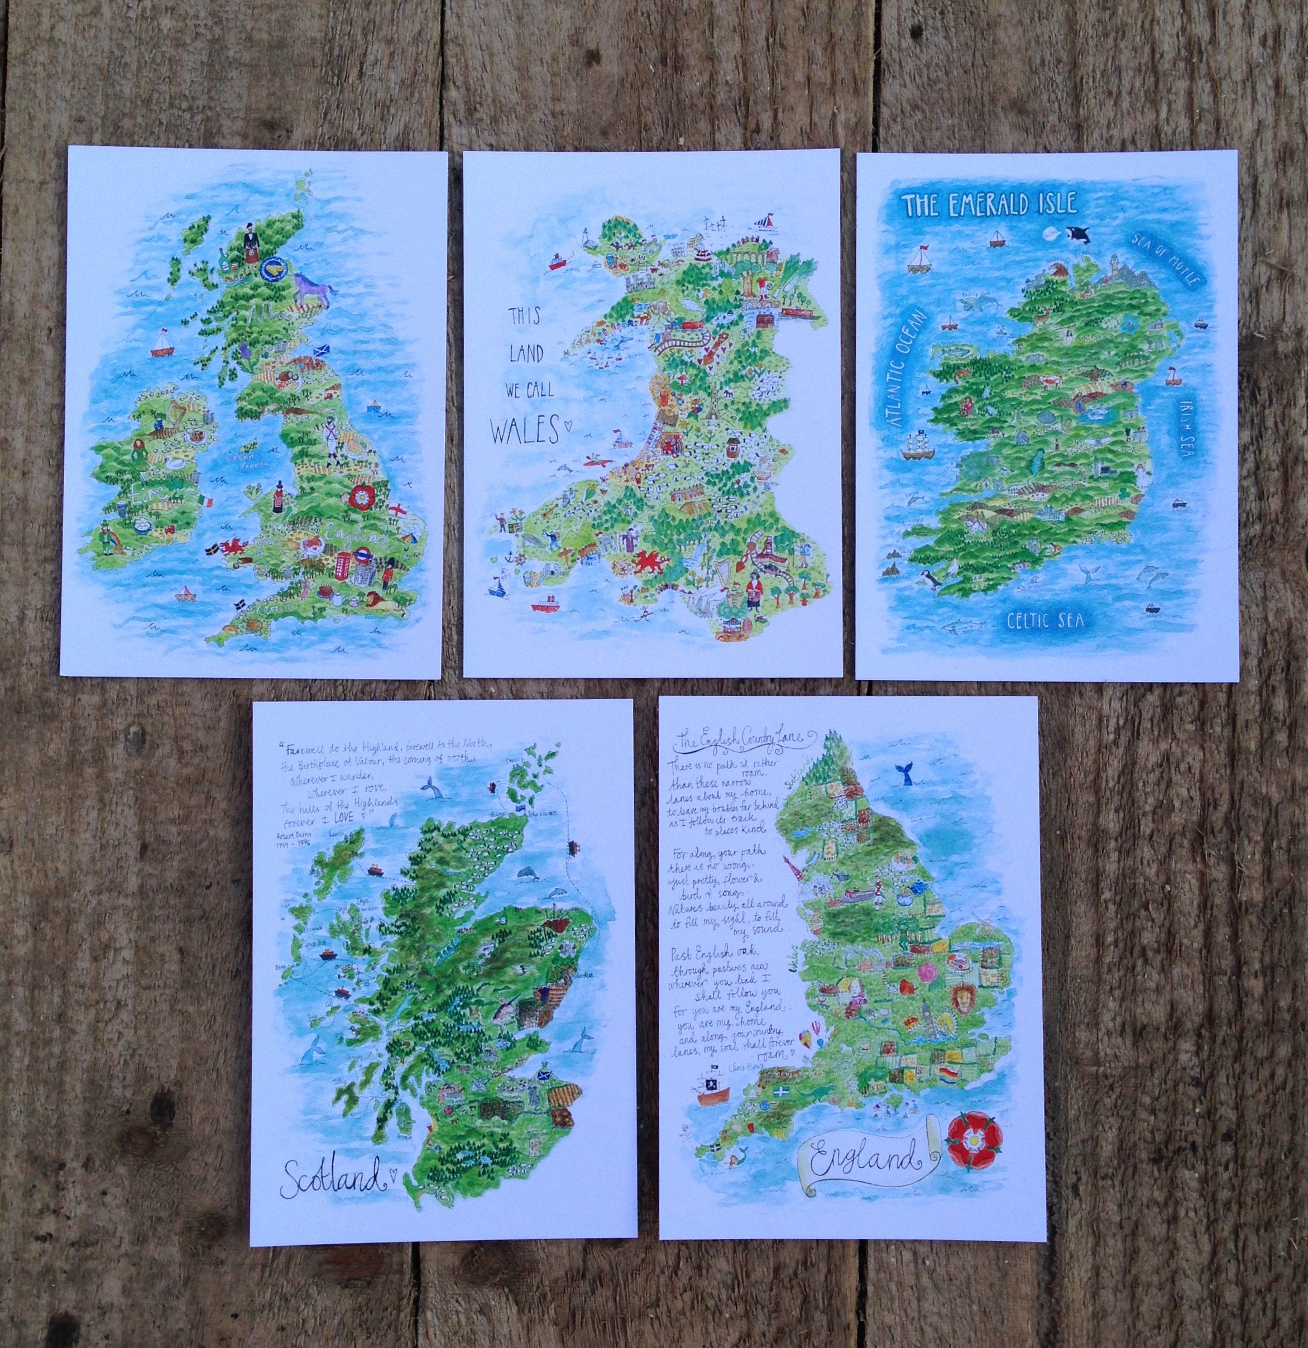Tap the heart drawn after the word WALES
pyautogui.click(x=568, y=425)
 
